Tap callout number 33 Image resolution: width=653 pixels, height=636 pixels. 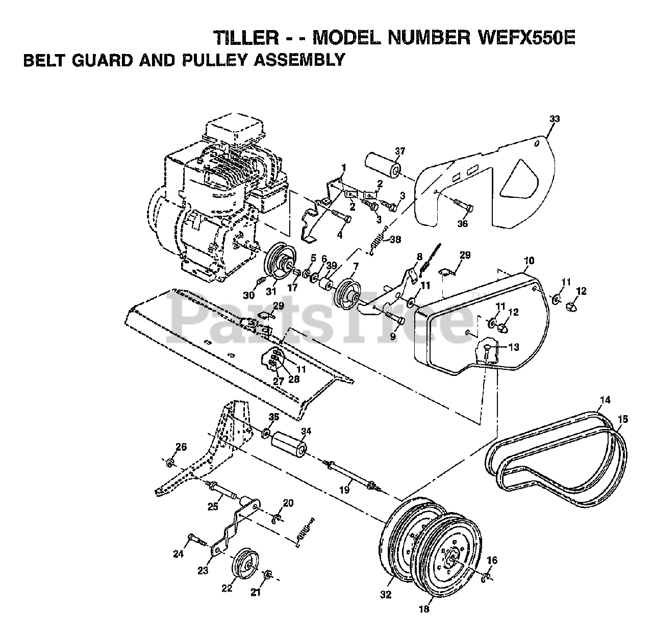pyautogui.click(x=555, y=119)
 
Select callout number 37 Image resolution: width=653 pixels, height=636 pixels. pyautogui.click(x=400, y=151)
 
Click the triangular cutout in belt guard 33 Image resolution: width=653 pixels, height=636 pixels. pyautogui.click(x=519, y=180)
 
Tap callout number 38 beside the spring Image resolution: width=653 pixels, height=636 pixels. pyautogui.click(x=395, y=240)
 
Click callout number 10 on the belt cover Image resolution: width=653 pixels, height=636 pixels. pyautogui.click(x=529, y=260)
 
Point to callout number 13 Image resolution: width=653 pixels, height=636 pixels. pyautogui.click(x=513, y=346)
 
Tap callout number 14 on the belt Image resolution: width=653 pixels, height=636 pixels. pyautogui.click(x=605, y=400)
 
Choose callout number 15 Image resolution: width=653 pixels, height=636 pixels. pyautogui.click(x=623, y=419)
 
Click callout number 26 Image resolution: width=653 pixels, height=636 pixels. pyautogui.click(x=181, y=447)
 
